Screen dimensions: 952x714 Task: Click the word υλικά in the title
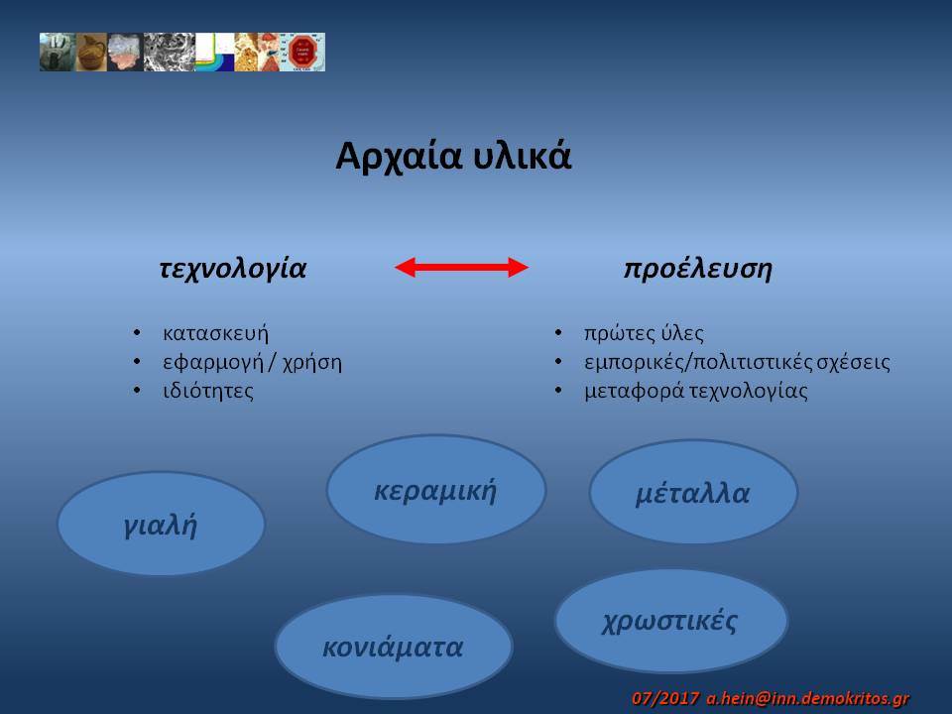(523, 156)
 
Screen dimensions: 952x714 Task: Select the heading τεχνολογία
(233, 269)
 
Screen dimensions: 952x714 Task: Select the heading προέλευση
(697, 269)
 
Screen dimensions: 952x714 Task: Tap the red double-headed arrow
(461, 267)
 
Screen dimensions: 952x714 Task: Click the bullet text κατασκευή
(215, 333)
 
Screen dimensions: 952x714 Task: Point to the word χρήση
(312, 363)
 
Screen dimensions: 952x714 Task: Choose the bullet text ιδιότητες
(208, 391)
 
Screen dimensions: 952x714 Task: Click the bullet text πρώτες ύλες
(644, 333)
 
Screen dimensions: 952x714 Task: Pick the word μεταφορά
(634, 391)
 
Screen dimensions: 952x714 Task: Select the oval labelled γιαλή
(161, 524)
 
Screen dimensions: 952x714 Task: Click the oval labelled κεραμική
(436, 489)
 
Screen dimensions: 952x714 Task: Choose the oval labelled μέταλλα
(693, 492)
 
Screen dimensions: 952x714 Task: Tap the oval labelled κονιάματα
(394, 647)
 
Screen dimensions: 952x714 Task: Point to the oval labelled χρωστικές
(671, 621)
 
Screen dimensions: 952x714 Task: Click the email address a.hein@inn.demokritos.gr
(807, 698)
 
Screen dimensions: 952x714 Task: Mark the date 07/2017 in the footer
(665, 698)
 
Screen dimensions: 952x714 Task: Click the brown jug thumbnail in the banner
(91, 53)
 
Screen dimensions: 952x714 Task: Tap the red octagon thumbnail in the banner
(303, 53)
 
